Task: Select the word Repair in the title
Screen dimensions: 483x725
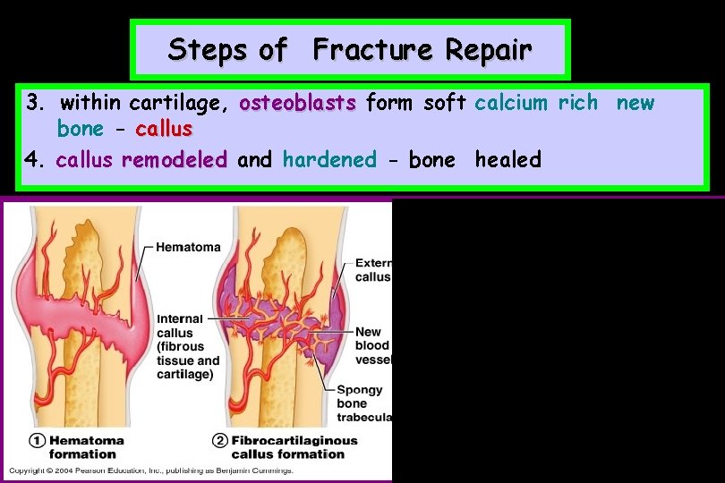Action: (x=483, y=49)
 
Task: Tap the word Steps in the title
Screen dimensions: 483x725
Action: (x=208, y=49)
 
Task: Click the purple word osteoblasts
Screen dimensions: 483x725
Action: (x=297, y=103)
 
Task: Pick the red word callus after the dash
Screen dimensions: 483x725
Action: (x=164, y=129)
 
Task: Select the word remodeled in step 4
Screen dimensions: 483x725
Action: (x=175, y=160)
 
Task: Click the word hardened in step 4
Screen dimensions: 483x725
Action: (x=329, y=160)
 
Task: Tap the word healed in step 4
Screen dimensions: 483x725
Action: (x=507, y=160)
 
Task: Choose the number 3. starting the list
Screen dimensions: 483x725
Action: (x=36, y=103)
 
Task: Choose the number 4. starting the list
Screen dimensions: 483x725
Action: (x=36, y=160)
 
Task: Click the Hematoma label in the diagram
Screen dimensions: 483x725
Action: (x=188, y=247)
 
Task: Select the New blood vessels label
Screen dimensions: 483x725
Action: (x=372, y=345)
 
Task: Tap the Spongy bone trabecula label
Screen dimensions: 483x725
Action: (x=363, y=403)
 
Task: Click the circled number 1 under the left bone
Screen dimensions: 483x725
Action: (x=37, y=441)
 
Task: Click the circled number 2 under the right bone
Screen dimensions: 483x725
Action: (x=218, y=441)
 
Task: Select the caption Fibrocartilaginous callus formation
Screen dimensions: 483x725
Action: (x=294, y=447)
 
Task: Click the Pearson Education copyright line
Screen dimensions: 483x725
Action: (x=152, y=471)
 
